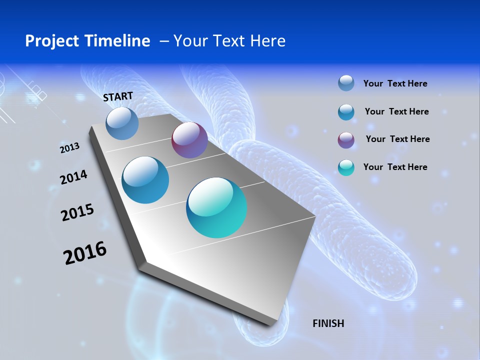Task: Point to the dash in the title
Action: [164, 41]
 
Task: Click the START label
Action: [118, 96]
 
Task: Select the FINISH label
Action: [328, 323]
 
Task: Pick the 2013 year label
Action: [69, 147]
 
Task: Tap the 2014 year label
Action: [73, 177]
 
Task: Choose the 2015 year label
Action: [77, 212]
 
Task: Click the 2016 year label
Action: [85, 253]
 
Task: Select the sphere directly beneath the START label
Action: [122, 123]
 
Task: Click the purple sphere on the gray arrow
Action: [189, 140]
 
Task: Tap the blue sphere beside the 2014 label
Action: [145, 180]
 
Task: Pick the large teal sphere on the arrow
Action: [216, 207]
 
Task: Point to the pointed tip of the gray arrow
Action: [272, 324]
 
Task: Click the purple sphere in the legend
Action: [346, 140]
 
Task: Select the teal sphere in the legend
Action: [346, 167]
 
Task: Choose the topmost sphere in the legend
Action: [346, 83]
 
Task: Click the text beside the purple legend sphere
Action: [397, 139]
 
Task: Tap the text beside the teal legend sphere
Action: [395, 167]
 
